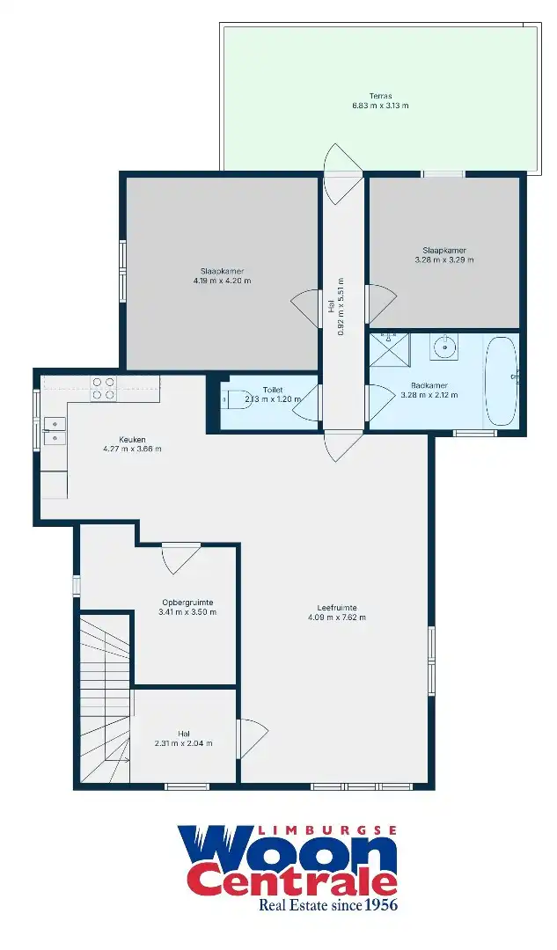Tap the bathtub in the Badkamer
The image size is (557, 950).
pos(502,380)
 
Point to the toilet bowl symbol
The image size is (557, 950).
pos(231,398)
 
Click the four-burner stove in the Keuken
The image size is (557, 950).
pos(104,388)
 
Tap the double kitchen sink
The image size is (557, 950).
pos(53,430)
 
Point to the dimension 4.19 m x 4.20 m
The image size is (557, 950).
pos(222,281)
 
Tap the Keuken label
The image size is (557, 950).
pos(132,439)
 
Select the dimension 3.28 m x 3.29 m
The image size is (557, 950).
pos(443,260)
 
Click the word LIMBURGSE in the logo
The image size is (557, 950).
pos(329,829)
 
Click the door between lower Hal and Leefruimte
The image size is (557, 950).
pos(251,735)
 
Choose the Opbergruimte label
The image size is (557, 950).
pos(187,602)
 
